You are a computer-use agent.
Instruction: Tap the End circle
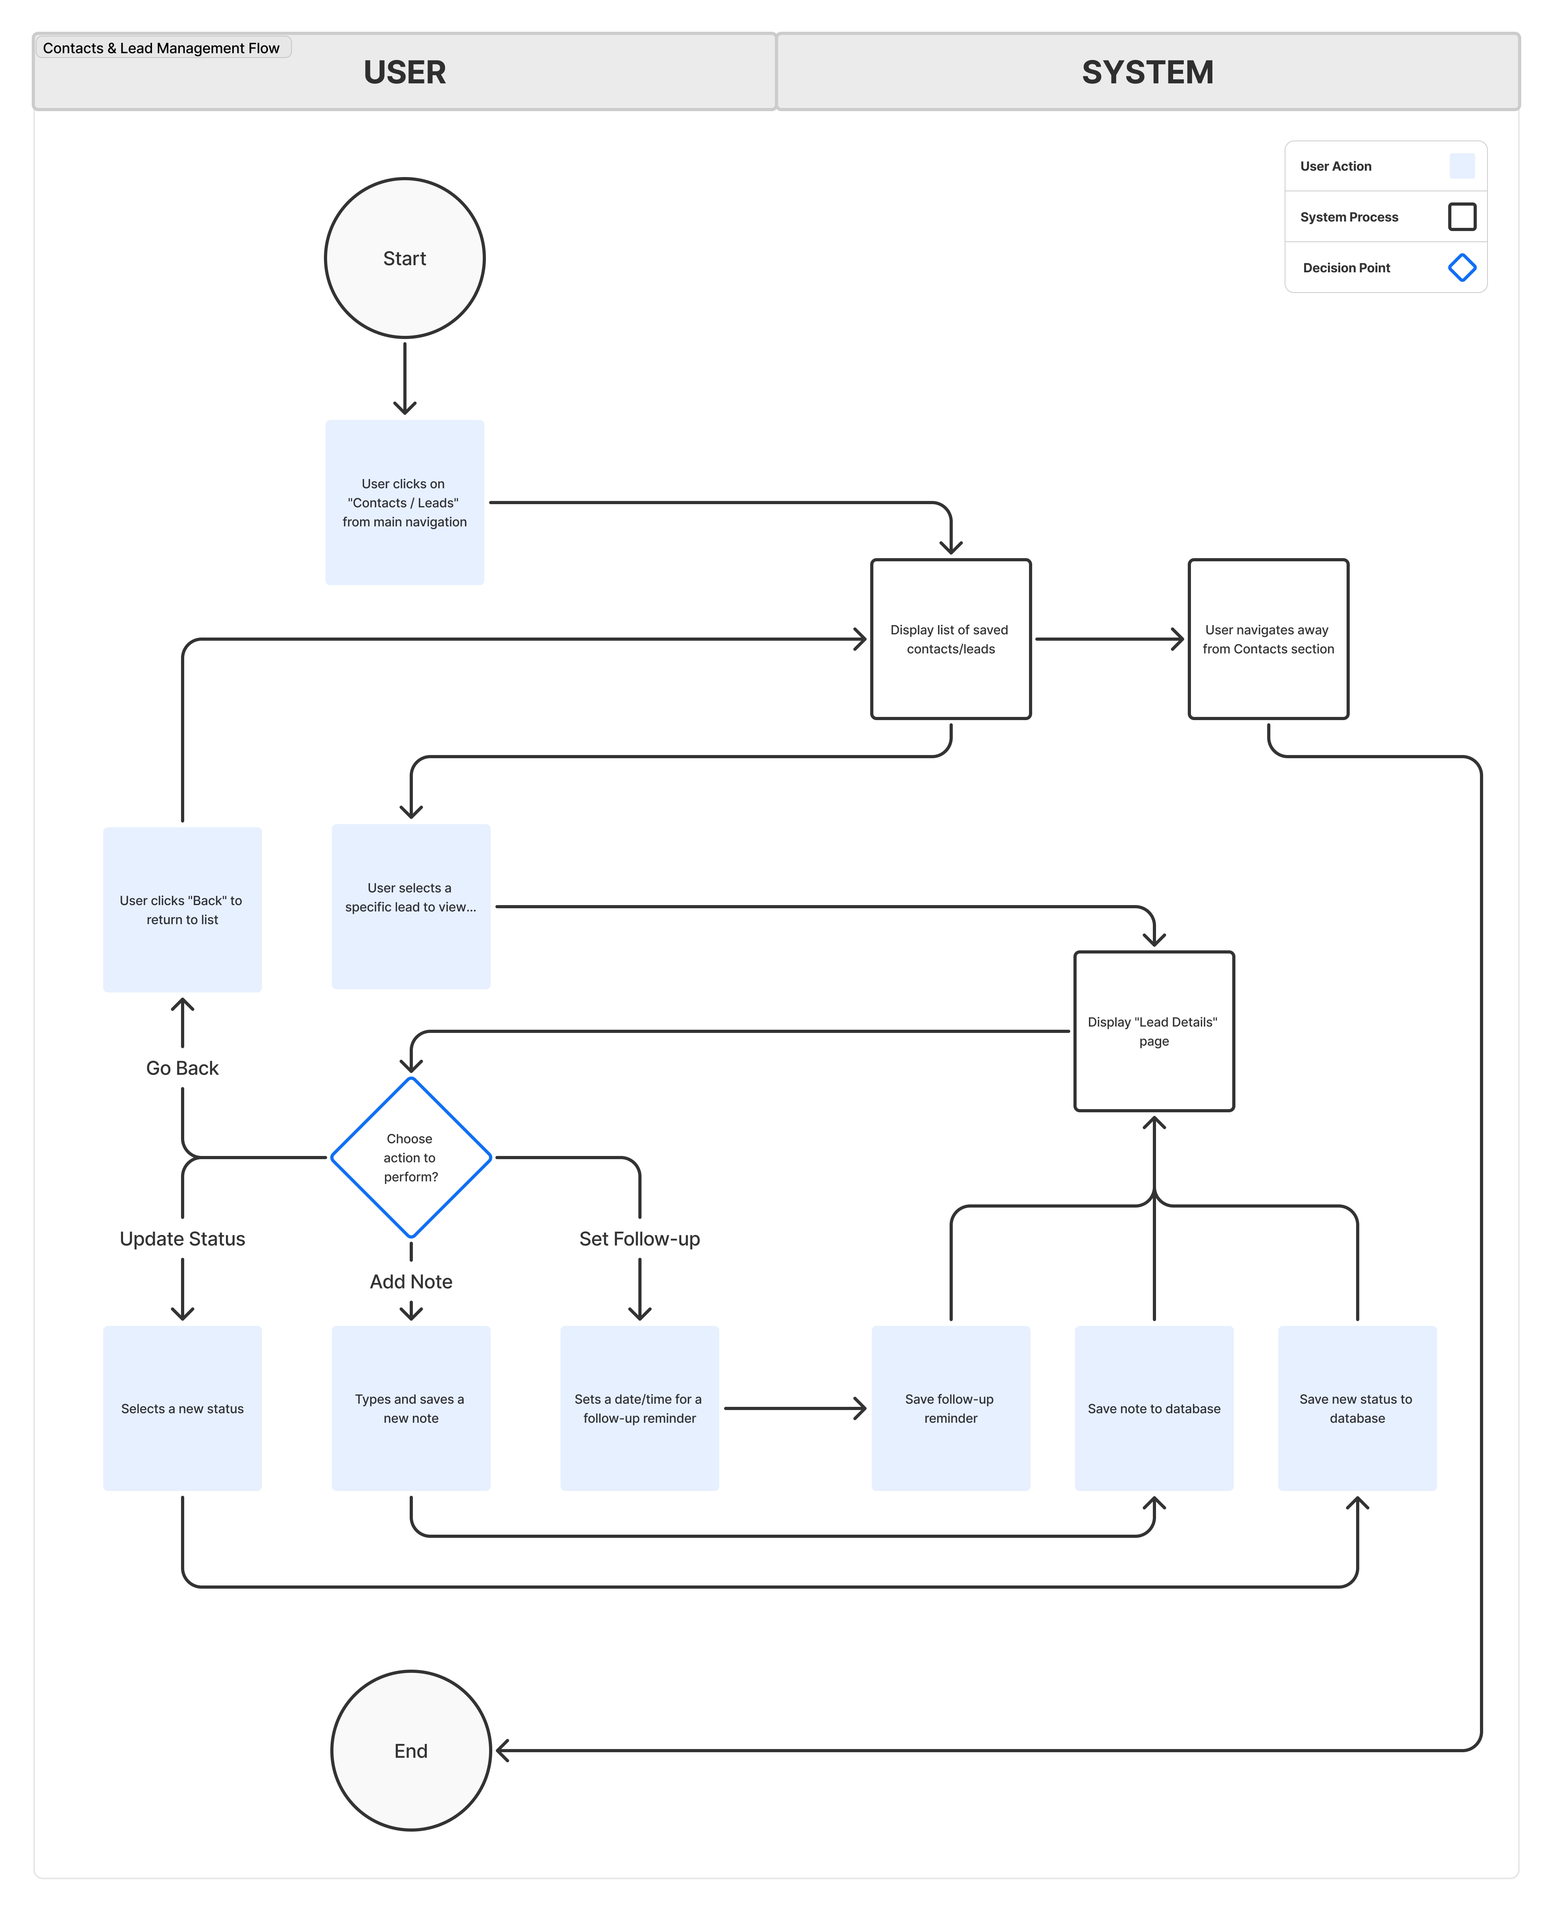tap(410, 1751)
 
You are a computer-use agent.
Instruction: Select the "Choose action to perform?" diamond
tap(410, 1158)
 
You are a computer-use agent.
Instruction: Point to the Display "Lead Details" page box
tap(1154, 1032)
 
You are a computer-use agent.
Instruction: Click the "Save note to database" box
tap(1154, 1408)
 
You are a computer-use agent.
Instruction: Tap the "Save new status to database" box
tap(1357, 1408)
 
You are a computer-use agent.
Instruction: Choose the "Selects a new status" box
tap(183, 1408)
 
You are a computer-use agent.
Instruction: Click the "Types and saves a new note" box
tap(410, 1408)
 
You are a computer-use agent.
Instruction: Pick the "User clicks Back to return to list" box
tap(183, 910)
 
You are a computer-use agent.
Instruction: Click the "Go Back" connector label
tap(183, 1068)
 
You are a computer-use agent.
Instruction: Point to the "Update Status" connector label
tap(183, 1239)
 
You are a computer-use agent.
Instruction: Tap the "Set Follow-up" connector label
tap(640, 1239)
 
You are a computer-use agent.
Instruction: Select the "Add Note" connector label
tap(410, 1282)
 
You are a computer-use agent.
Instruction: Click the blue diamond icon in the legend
tap(1462, 268)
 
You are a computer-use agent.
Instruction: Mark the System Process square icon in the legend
tap(1462, 216)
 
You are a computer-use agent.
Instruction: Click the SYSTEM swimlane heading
tap(1148, 73)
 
